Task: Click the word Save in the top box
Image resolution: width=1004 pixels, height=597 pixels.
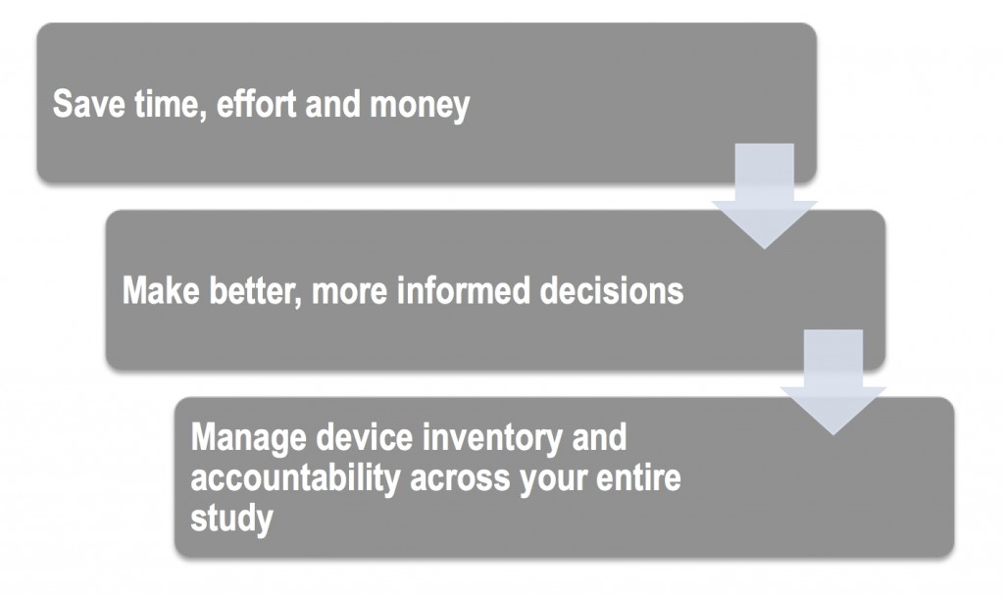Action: [x=88, y=104]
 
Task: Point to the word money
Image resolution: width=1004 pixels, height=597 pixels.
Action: [x=420, y=106]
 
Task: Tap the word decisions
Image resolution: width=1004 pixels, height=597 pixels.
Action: [x=612, y=290]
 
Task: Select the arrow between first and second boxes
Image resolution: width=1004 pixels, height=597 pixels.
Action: [x=764, y=196]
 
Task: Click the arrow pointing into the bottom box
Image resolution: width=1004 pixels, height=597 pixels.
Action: [x=833, y=382]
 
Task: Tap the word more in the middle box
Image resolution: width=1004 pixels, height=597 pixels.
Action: [x=349, y=292]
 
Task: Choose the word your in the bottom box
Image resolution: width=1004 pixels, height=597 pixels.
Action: [x=553, y=481]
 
